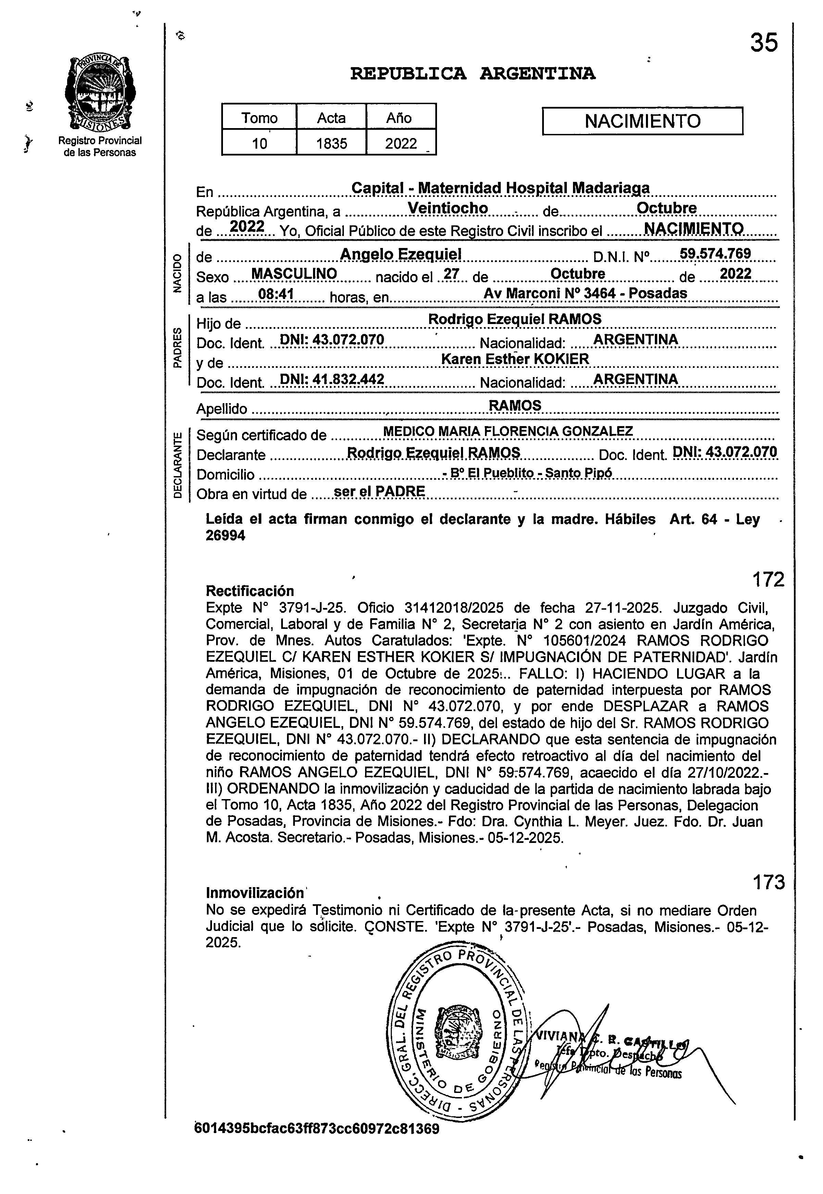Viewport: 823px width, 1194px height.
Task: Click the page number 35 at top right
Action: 764,42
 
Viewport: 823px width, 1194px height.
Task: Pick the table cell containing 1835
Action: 332,143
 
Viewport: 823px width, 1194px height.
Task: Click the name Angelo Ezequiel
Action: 401,254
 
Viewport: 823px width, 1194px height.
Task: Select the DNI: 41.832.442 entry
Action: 332,380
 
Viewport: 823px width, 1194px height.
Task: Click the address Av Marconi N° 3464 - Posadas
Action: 585,293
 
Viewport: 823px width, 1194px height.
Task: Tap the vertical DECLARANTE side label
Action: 178,465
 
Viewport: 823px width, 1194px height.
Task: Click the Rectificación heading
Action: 250,591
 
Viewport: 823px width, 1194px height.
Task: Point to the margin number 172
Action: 768,580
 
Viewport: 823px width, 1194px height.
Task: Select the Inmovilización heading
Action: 255,892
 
